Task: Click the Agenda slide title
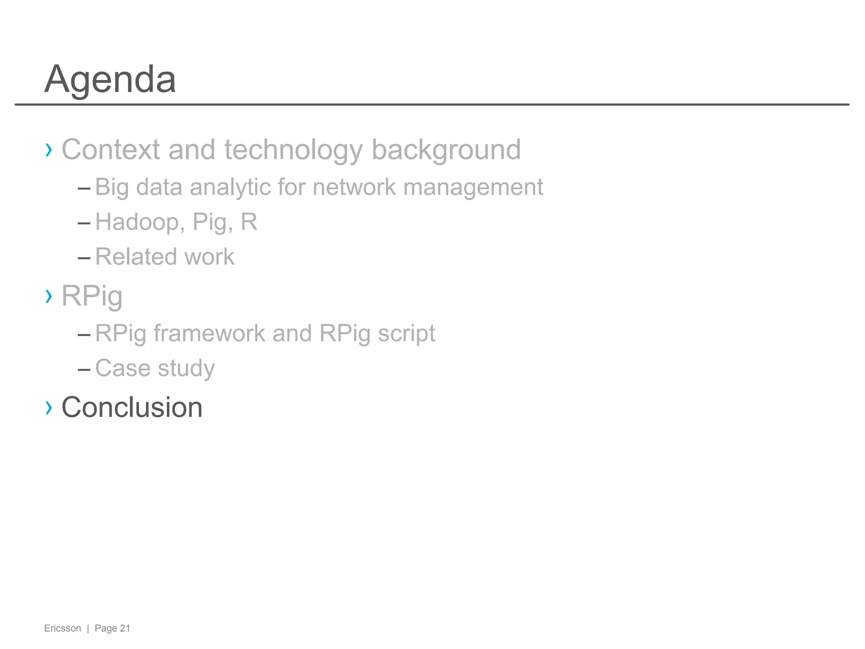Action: click(110, 79)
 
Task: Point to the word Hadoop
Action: click(140, 222)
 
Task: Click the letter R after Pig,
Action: click(249, 222)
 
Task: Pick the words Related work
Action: click(165, 256)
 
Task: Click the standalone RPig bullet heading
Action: click(92, 296)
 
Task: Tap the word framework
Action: click(209, 333)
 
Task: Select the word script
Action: click(406, 333)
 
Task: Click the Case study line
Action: click(155, 368)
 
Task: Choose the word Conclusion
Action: click(132, 407)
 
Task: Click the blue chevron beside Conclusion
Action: click(49, 408)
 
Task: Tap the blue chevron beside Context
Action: click(49, 150)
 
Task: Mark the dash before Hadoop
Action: click(84, 223)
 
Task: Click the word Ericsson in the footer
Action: click(63, 628)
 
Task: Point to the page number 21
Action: click(125, 628)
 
